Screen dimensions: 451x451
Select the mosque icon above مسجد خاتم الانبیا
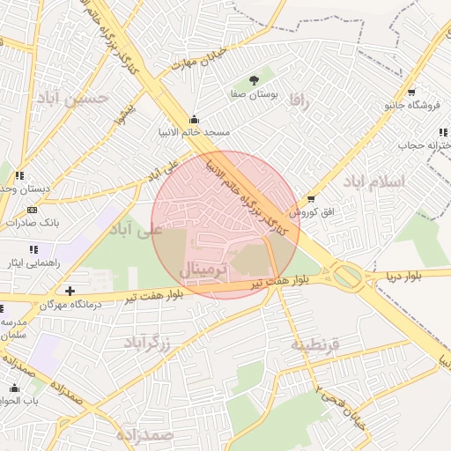coord(194,120)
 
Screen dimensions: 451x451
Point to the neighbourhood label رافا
coord(300,102)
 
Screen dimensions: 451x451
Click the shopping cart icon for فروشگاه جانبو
coord(411,92)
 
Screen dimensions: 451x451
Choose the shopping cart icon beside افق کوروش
coord(310,199)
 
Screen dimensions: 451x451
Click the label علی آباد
coord(137,229)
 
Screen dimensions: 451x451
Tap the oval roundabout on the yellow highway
coord(348,277)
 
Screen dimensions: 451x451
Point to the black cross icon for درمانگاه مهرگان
coord(70,290)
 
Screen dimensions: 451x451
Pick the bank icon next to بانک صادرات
coord(33,210)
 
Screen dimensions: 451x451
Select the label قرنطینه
coord(314,344)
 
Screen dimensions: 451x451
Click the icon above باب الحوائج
coord(14,388)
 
